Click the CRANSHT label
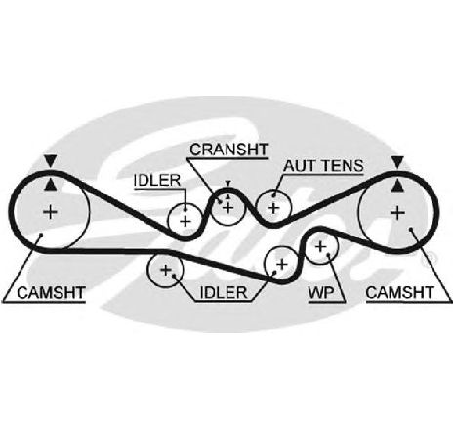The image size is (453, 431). click(229, 150)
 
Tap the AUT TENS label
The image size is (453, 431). click(323, 166)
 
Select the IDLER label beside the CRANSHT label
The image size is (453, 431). click(157, 181)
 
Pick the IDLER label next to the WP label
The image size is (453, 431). click(224, 292)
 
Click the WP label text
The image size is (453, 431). click(321, 293)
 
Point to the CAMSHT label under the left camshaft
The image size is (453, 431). click(51, 292)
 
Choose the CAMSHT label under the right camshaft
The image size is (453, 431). click(400, 292)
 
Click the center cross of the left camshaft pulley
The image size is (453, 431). click(50, 212)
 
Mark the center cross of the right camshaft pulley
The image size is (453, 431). click(397, 213)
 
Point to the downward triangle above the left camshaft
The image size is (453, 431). click(51, 161)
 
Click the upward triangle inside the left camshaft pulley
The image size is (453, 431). click(50, 185)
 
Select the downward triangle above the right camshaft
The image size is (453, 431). click(397, 161)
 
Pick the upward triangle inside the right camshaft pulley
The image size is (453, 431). click(397, 186)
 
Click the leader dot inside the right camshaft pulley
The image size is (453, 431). click(411, 230)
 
